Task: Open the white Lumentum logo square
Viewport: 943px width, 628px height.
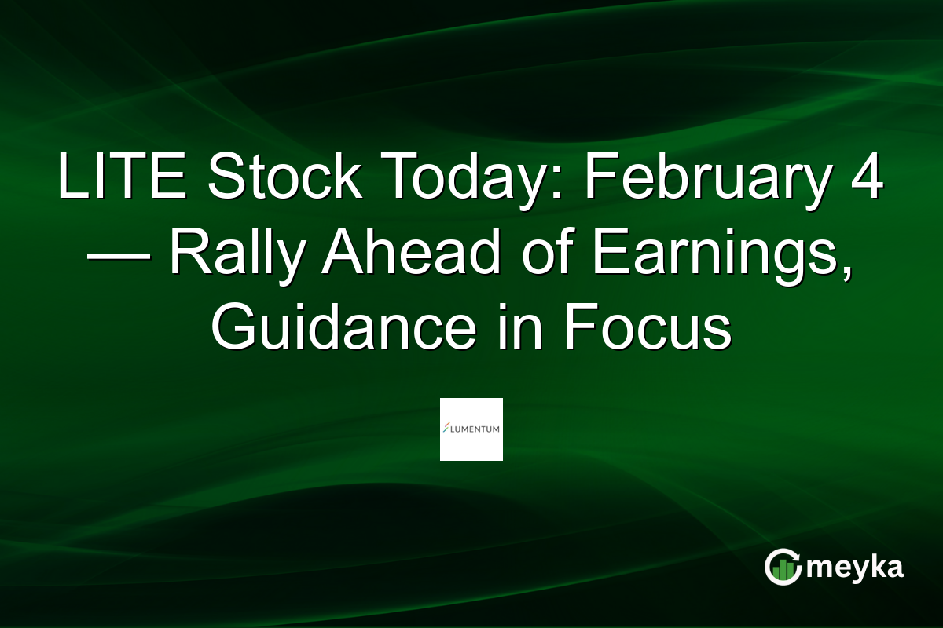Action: pos(471,429)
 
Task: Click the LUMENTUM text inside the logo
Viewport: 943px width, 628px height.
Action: pos(475,429)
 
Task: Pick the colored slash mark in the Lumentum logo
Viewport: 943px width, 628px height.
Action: pos(446,429)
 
